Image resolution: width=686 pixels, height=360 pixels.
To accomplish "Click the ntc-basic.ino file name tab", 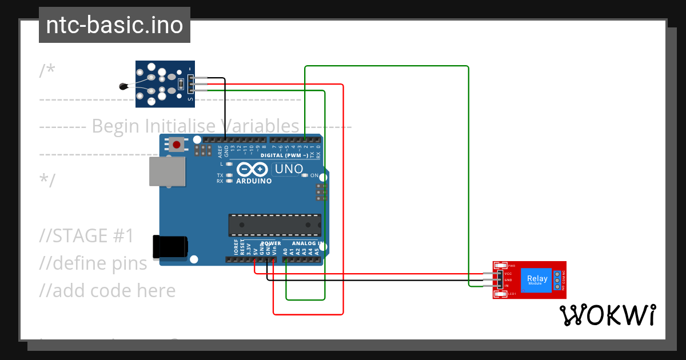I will click(114, 26).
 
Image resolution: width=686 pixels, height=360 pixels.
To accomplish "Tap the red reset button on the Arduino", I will click(177, 145).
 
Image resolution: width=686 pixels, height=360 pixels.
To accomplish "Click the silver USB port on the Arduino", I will click(167, 171).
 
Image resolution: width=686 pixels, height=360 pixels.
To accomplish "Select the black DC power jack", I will click(170, 246).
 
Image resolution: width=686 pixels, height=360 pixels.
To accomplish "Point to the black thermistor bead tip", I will click(122, 87).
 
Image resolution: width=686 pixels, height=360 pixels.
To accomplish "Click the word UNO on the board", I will click(289, 169).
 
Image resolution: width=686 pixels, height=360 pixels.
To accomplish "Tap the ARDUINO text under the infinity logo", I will click(253, 181).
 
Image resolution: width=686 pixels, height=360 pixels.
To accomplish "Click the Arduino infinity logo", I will click(253, 170).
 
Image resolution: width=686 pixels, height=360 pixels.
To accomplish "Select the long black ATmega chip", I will click(274, 225).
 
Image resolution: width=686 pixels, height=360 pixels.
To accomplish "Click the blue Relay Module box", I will click(537, 280).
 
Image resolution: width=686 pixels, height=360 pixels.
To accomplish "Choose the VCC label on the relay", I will click(508, 274).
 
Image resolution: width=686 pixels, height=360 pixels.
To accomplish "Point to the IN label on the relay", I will click(506, 285).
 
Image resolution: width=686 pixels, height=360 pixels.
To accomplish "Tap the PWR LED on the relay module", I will click(501, 266).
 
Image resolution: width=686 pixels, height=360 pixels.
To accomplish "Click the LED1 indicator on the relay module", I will click(501, 294).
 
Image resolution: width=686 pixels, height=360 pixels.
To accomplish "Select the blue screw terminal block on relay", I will click(557, 280).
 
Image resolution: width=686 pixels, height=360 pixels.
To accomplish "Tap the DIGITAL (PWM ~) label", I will click(284, 155).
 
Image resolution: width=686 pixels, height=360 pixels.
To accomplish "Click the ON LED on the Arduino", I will click(305, 175).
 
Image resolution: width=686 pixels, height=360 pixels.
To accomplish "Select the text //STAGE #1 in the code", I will click(87, 235).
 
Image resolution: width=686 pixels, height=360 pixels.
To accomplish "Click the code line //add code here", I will click(107, 290).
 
